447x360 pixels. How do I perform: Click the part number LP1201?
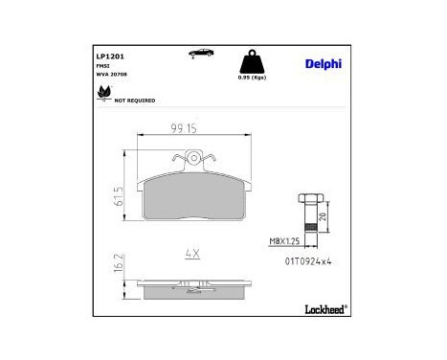108,56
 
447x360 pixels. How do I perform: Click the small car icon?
200,53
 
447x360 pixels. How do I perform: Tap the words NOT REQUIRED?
135,99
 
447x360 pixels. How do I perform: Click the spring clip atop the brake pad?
194,160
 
